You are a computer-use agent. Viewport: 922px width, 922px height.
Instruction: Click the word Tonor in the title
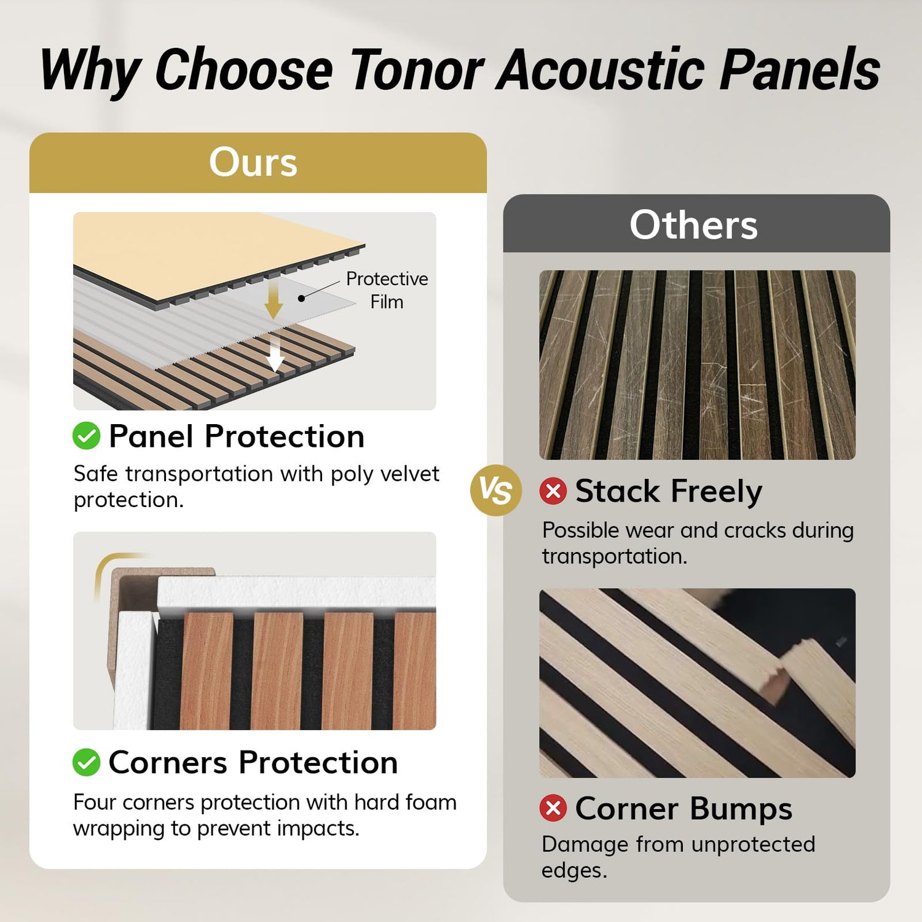click(x=417, y=69)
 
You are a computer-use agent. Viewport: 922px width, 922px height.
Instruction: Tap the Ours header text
click(x=253, y=162)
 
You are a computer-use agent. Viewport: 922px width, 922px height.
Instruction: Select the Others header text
click(x=693, y=224)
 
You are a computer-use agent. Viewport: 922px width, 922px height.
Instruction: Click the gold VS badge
click(x=495, y=491)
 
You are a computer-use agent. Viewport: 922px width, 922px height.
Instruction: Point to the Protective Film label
click(x=387, y=290)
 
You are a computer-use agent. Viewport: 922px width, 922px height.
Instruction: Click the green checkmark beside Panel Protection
click(x=86, y=436)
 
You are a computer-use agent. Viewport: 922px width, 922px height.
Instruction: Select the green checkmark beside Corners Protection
click(x=86, y=762)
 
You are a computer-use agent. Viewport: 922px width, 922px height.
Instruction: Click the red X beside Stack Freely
click(x=553, y=491)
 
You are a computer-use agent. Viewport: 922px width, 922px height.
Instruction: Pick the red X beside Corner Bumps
click(x=553, y=808)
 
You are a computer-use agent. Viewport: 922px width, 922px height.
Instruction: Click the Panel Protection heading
click(x=237, y=436)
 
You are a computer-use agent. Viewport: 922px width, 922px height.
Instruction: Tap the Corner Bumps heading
click(x=684, y=808)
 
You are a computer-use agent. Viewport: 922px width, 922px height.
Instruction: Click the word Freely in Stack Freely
click(x=717, y=492)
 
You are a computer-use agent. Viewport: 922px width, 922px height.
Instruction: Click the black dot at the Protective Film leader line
click(x=301, y=298)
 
